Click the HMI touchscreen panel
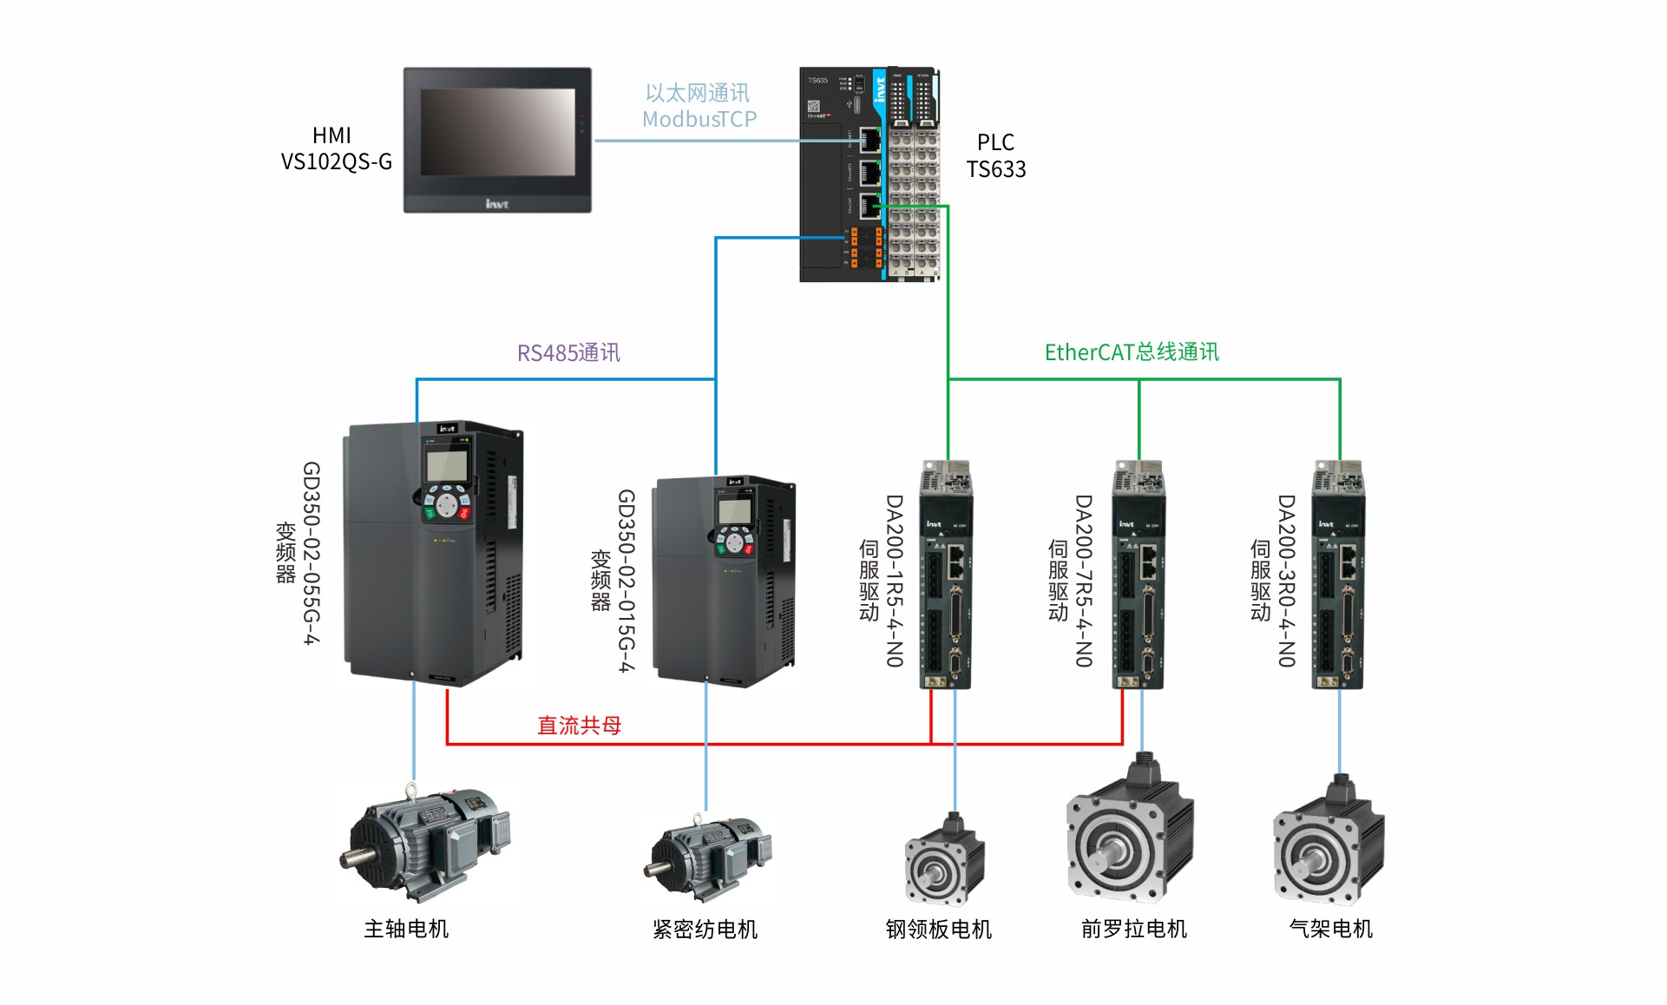(497, 140)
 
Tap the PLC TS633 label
(996, 155)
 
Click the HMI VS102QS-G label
(336, 148)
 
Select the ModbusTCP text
(699, 119)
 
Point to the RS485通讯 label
(568, 352)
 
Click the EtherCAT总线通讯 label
(1132, 351)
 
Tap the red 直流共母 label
(579, 725)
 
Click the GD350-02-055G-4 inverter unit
(434, 553)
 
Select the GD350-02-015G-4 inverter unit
(724, 581)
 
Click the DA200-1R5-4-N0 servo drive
(946, 575)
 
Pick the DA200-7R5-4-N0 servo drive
(1139, 575)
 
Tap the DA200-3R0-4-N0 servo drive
(1338, 575)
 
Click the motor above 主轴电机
(424, 842)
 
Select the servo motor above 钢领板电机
(945, 859)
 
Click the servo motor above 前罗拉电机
(1130, 829)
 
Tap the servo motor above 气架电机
(1329, 840)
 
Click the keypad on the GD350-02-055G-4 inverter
(447, 503)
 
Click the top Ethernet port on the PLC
(870, 139)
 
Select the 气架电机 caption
(1331, 929)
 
